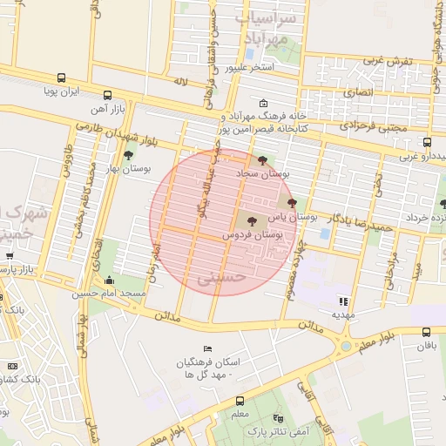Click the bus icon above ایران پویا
tap(60, 78)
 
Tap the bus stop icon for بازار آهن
tap(107, 95)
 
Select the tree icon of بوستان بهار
tap(129, 155)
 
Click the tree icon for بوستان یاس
tap(304, 201)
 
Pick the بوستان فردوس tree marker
tap(253, 222)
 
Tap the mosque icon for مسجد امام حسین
tap(109, 280)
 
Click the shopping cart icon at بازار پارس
tap(9, 256)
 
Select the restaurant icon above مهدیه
tap(342, 301)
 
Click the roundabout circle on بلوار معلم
tap(347, 347)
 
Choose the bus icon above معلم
tap(240, 401)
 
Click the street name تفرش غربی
tap(386, 62)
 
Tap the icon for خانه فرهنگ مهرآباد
tap(264, 103)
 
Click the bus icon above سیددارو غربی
tap(427, 142)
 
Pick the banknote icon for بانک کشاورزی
tap(12, 367)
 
